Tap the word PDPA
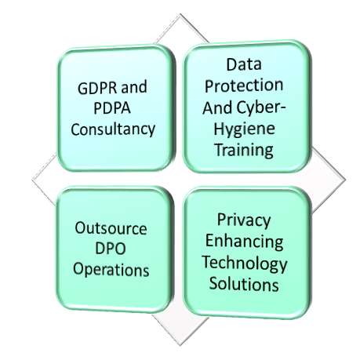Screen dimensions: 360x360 coord(112,108)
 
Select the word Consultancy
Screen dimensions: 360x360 coord(113,129)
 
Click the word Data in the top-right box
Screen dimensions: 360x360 coord(244,64)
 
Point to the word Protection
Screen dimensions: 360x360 coord(244,85)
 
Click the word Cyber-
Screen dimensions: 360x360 coord(261,107)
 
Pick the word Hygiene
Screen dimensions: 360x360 coord(244,129)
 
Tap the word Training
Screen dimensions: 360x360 coord(244,150)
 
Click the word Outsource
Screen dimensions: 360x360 coord(111,228)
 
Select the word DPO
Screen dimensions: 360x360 coord(111,249)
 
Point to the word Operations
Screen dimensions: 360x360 coord(111,270)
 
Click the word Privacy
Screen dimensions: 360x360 coord(244,220)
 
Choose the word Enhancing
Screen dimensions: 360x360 coord(244,242)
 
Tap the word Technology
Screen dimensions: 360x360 coord(244,263)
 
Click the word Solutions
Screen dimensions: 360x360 coord(244,284)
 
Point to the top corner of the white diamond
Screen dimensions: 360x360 coord(180,13)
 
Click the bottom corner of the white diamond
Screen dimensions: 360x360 coord(180,346)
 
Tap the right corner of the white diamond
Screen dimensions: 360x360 coord(346,180)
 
